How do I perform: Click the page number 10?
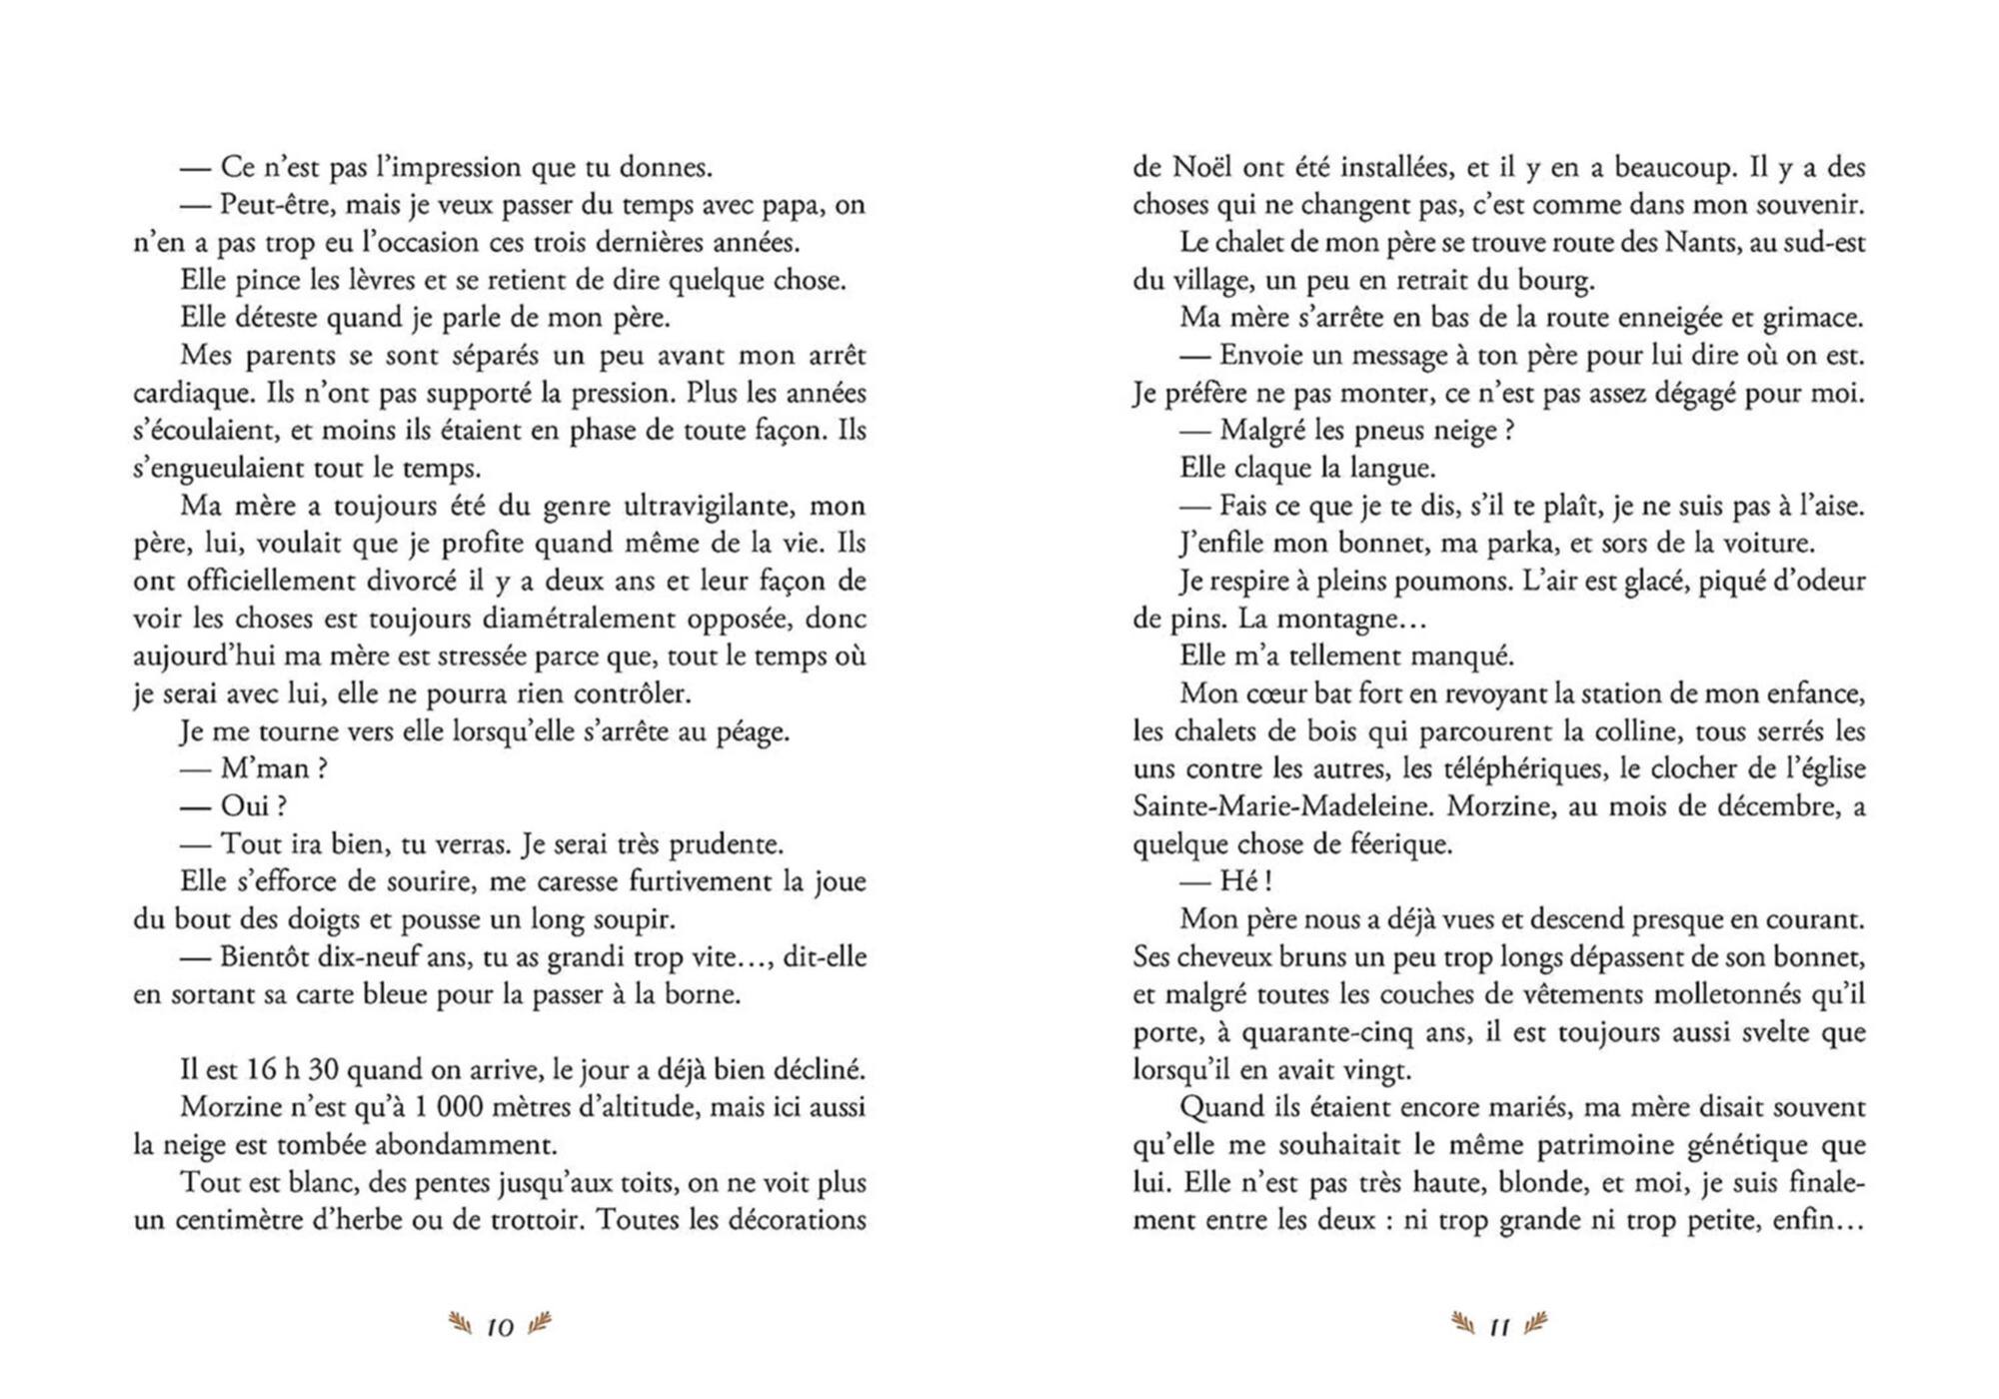tap(500, 1327)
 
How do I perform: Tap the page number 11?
tap(1499, 1327)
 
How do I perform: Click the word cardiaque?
tap(191, 394)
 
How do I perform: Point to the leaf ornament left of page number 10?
tap(461, 1325)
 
